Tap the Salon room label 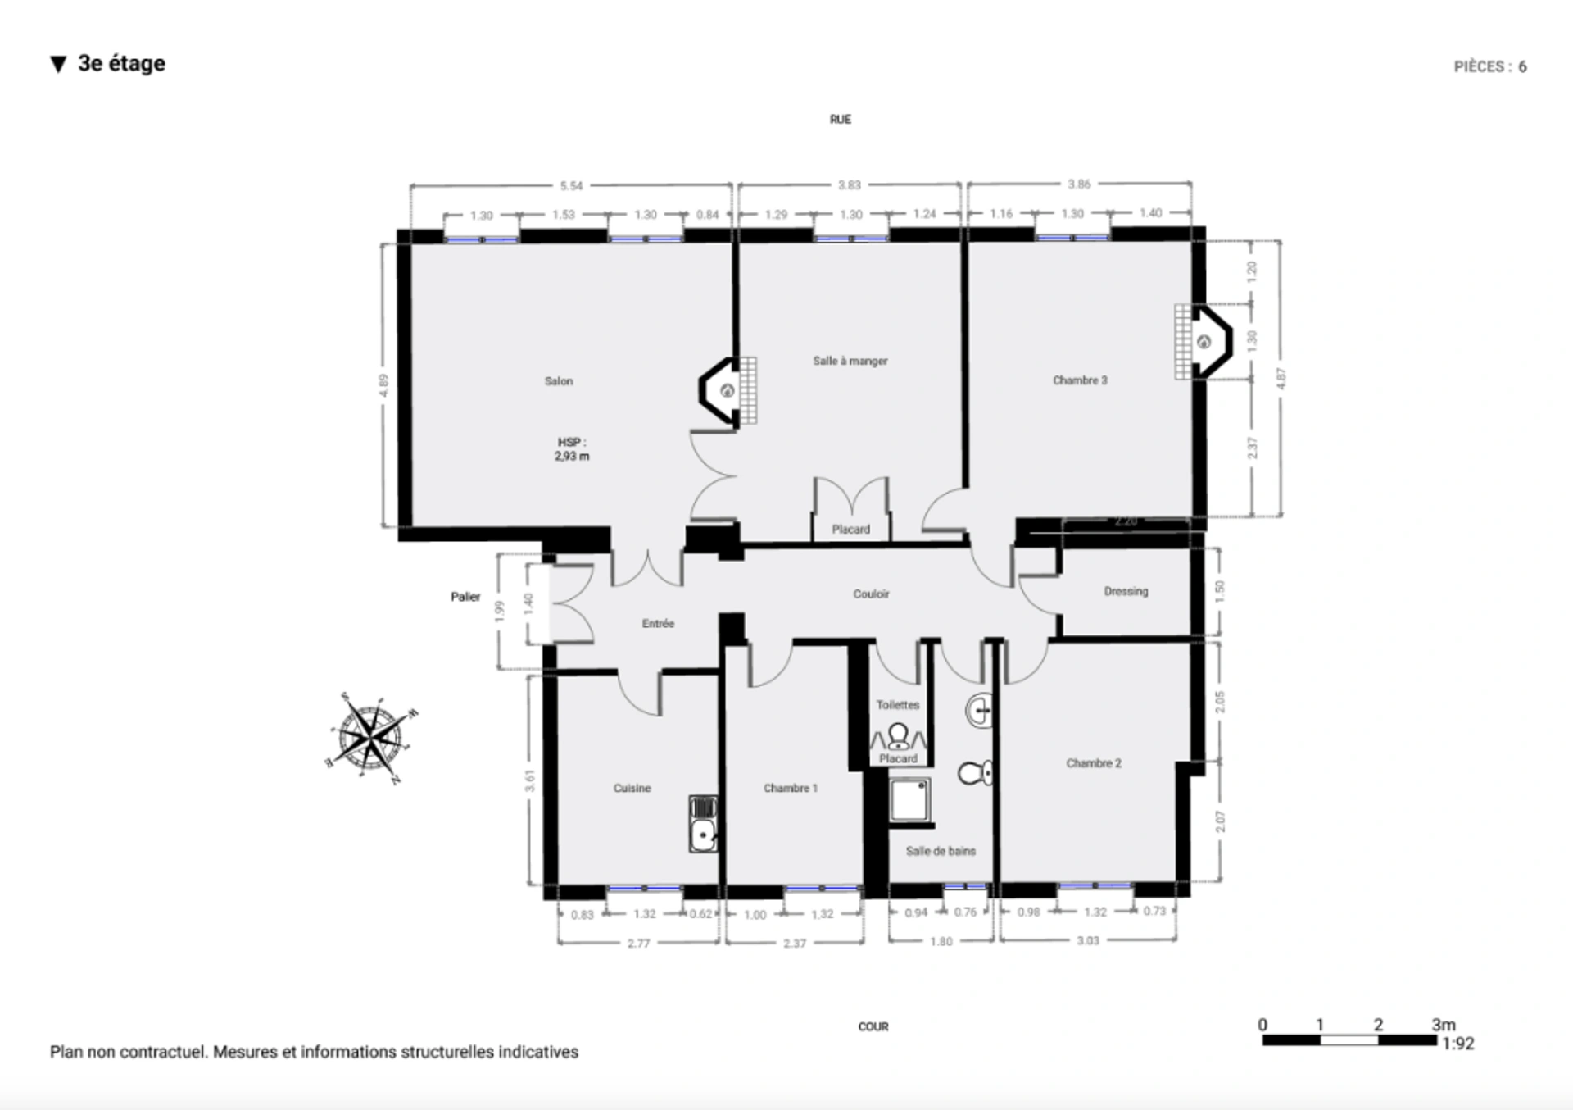click(x=559, y=381)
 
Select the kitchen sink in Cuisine click(x=703, y=824)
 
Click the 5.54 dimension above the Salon click(x=571, y=186)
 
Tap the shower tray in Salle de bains click(x=909, y=799)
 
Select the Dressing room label click(x=1126, y=591)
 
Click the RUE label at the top click(x=840, y=120)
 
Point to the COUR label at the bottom click(x=873, y=1026)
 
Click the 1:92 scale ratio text click(x=1458, y=1044)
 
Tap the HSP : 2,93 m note click(x=572, y=449)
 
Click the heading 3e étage click(x=121, y=64)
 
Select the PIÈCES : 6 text click(x=1489, y=67)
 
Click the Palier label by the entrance click(x=465, y=597)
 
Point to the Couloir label click(x=871, y=594)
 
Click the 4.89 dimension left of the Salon click(x=383, y=385)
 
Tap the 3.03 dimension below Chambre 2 click(x=1087, y=940)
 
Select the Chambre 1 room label click(x=791, y=788)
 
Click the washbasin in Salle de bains click(x=980, y=710)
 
